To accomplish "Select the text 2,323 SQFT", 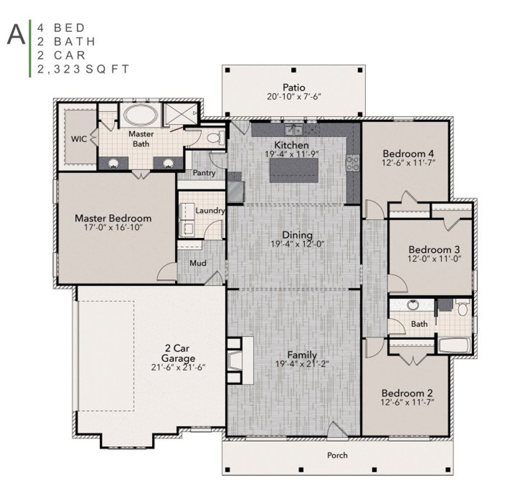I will tap(84, 69).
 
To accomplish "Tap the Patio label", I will tap(294, 87).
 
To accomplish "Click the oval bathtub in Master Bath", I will tap(140, 115).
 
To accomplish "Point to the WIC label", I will tap(79, 139).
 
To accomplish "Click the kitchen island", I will tap(294, 170).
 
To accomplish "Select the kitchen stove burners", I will tap(352, 163).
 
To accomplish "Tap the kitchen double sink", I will tap(294, 130).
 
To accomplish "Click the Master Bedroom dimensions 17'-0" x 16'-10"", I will tap(113, 228).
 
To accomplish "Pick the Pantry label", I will tap(204, 173).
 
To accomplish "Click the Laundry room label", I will tap(210, 211).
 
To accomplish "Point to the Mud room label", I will tap(198, 263).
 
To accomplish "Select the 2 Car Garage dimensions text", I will tap(178, 367).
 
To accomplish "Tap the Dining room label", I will tap(297, 235).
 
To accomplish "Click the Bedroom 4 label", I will tap(408, 154).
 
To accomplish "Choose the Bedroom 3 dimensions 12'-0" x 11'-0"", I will tap(434, 258).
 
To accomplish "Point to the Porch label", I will tap(337, 455).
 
